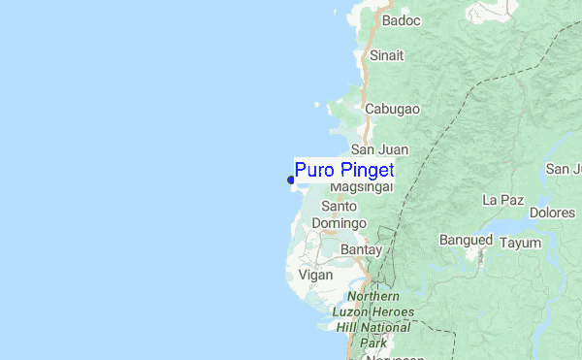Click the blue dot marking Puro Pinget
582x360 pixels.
coord(291,179)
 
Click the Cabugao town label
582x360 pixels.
coord(392,109)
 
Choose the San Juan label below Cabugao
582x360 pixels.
coord(379,149)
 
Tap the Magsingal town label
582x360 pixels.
coord(361,186)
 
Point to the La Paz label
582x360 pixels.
coord(503,200)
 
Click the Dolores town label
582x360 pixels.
coord(552,212)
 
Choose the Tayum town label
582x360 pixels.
coord(520,243)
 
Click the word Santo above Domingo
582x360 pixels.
coord(339,206)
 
